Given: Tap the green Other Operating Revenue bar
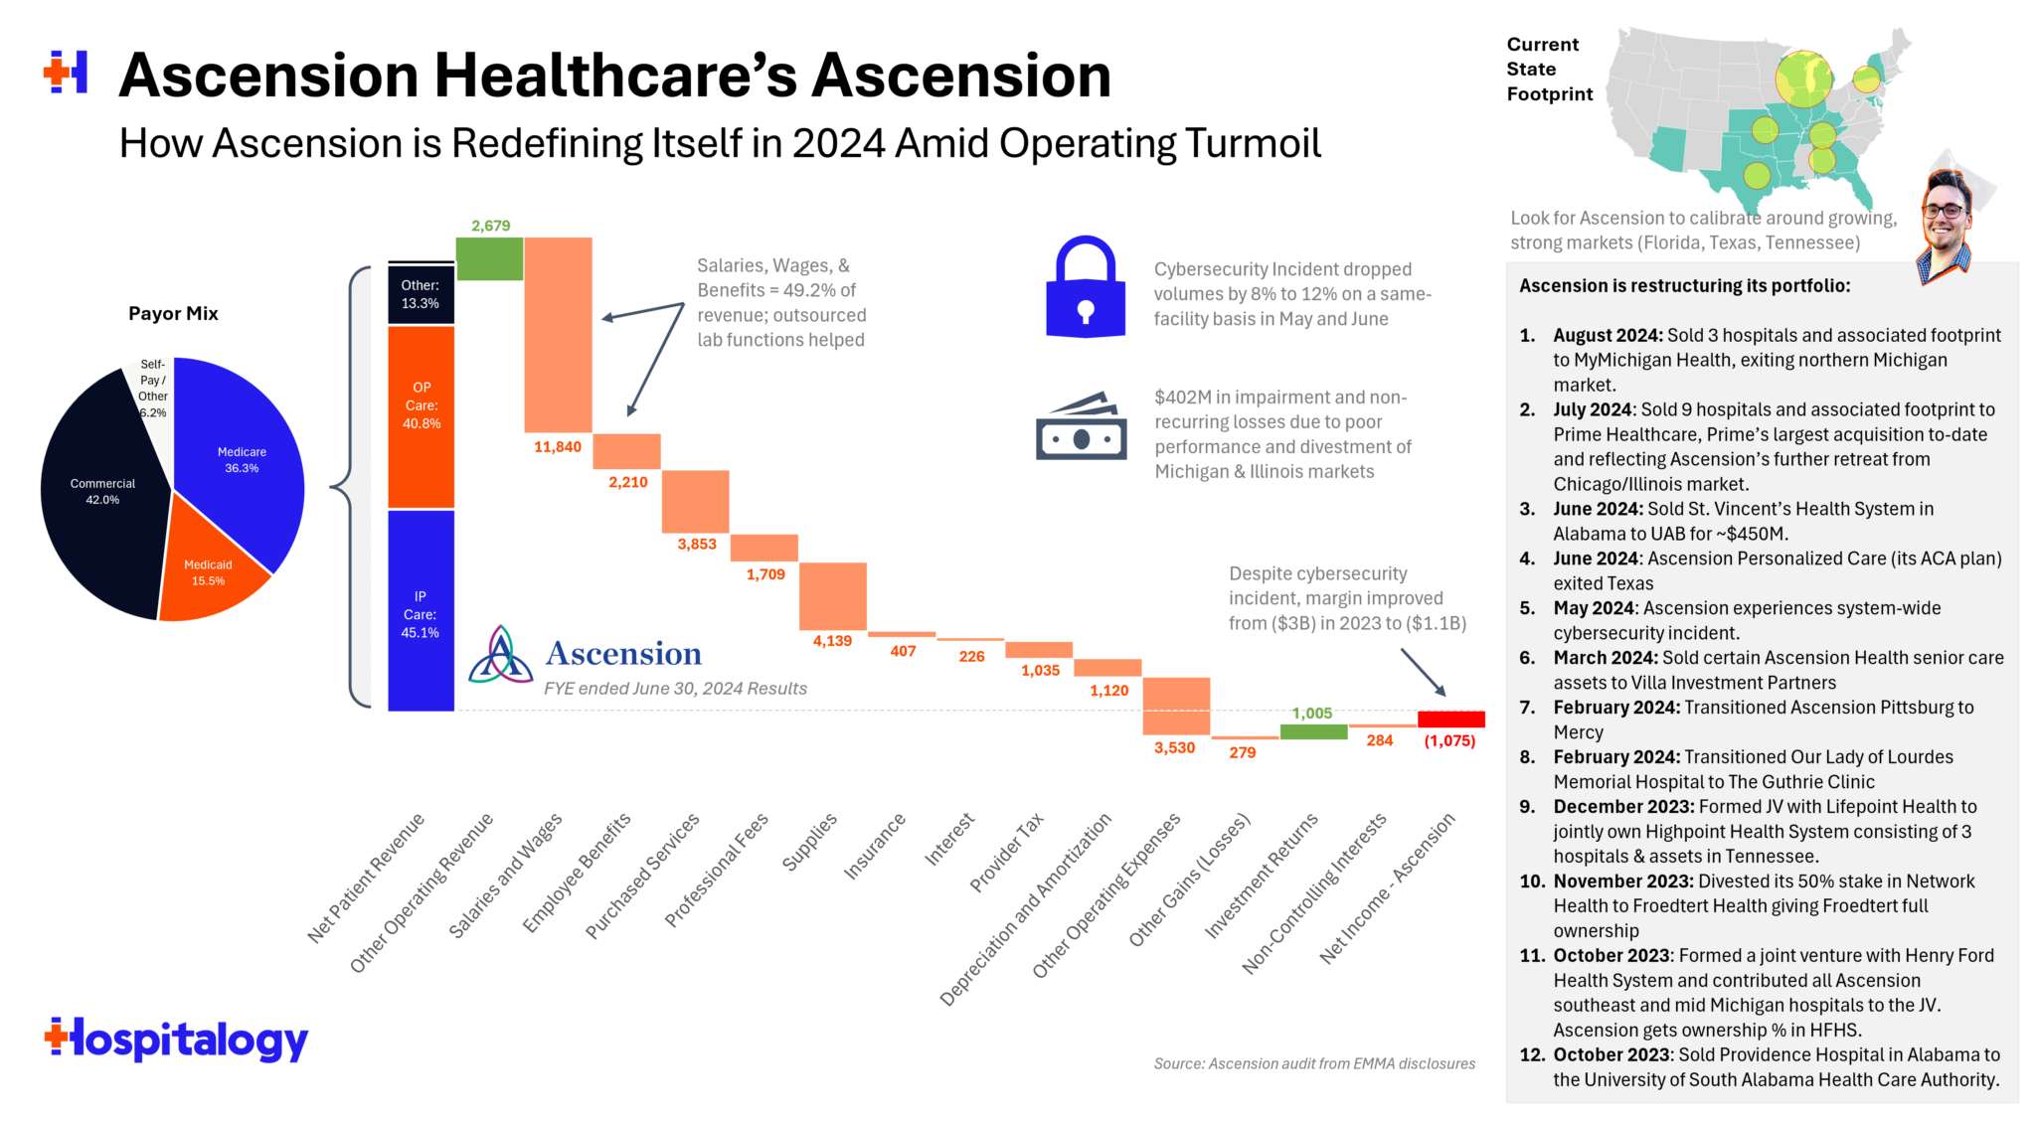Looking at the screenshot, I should [489, 258].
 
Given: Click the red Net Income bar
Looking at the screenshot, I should [1450, 719].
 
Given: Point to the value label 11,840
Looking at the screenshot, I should [558, 447].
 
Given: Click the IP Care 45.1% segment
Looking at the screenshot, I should [421, 611].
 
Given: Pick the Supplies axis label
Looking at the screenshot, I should [811, 842].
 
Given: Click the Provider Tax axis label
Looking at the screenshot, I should [1007, 852].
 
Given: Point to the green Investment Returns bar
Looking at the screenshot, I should [1312, 731].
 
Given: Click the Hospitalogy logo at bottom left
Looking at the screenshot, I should [177, 1040].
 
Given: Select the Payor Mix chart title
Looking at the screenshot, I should [173, 314].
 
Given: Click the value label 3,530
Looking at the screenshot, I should [1174, 748].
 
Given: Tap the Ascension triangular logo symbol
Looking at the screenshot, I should [500, 656].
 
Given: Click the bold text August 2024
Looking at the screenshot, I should [1608, 336].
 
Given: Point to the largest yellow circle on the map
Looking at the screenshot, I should [1803, 80].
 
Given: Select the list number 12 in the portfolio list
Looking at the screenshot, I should [1532, 1054].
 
